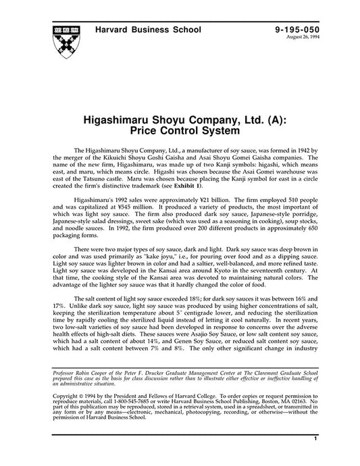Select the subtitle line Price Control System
pos(180,126)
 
